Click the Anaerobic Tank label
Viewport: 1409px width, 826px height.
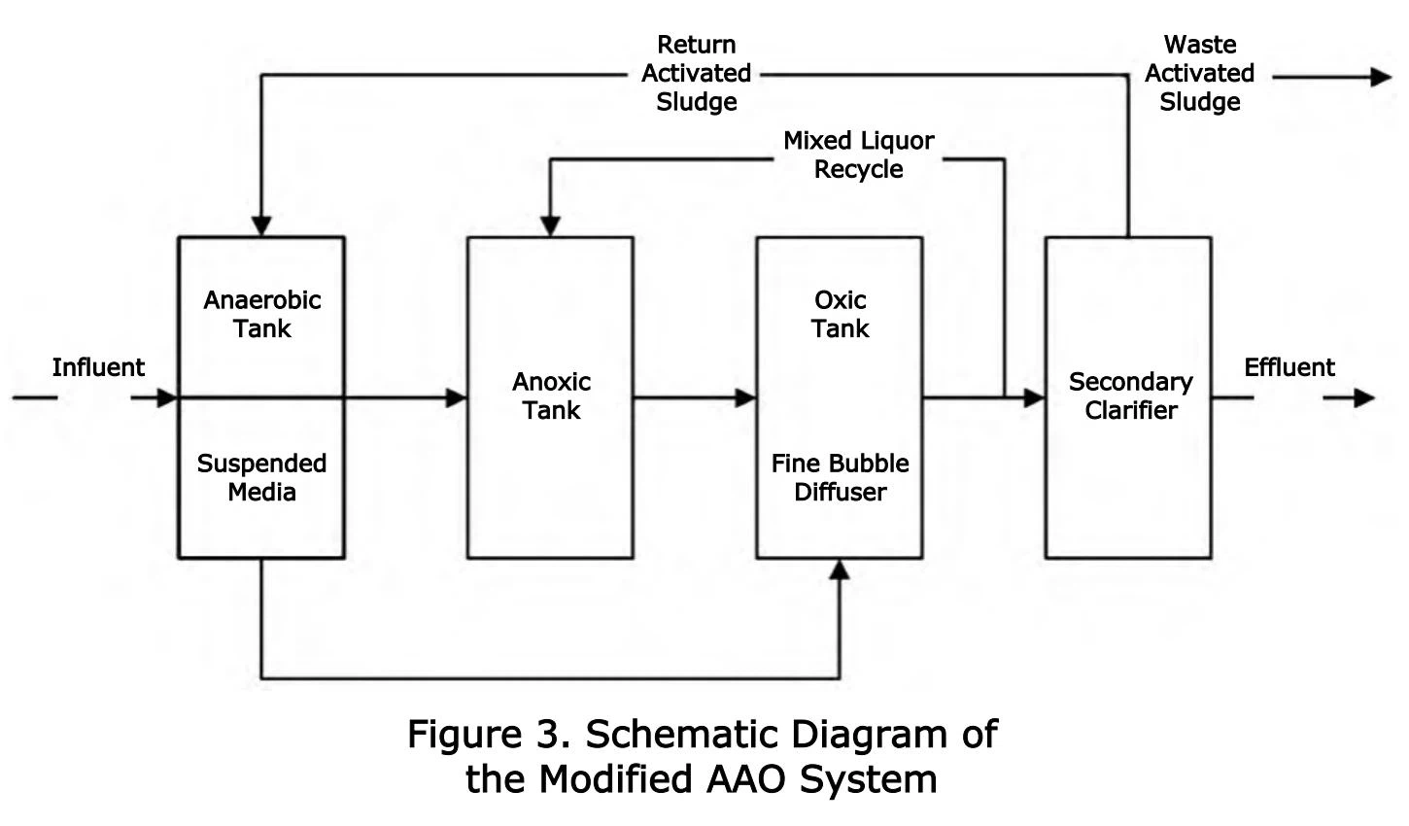[x=261, y=314]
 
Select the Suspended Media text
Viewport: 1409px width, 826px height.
[x=261, y=477]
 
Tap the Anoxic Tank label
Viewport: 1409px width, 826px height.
[x=551, y=396]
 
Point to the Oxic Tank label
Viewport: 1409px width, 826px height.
[x=841, y=314]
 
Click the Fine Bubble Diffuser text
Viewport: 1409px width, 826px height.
[x=841, y=477]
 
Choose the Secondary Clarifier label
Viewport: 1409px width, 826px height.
[x=1130, y=396]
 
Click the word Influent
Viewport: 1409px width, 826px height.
[x=98, y=367]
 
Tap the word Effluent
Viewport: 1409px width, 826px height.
[x=1289, y=367]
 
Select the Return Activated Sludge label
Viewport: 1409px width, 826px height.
[x=697, y=73]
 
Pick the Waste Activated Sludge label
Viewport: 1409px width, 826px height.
[x=1200, y=73]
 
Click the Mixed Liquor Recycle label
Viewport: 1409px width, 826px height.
[x=859, y=155]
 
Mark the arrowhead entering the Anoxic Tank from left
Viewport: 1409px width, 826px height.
[x=457, y=397]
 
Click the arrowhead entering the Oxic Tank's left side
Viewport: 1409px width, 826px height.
[x=746, y=397]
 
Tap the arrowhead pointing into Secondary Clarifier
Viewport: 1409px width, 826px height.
[x=1034, y=397]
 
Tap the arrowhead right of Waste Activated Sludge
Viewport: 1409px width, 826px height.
[x=1381, y=77]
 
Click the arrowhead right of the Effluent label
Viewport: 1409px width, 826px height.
[x=1364, y=397]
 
